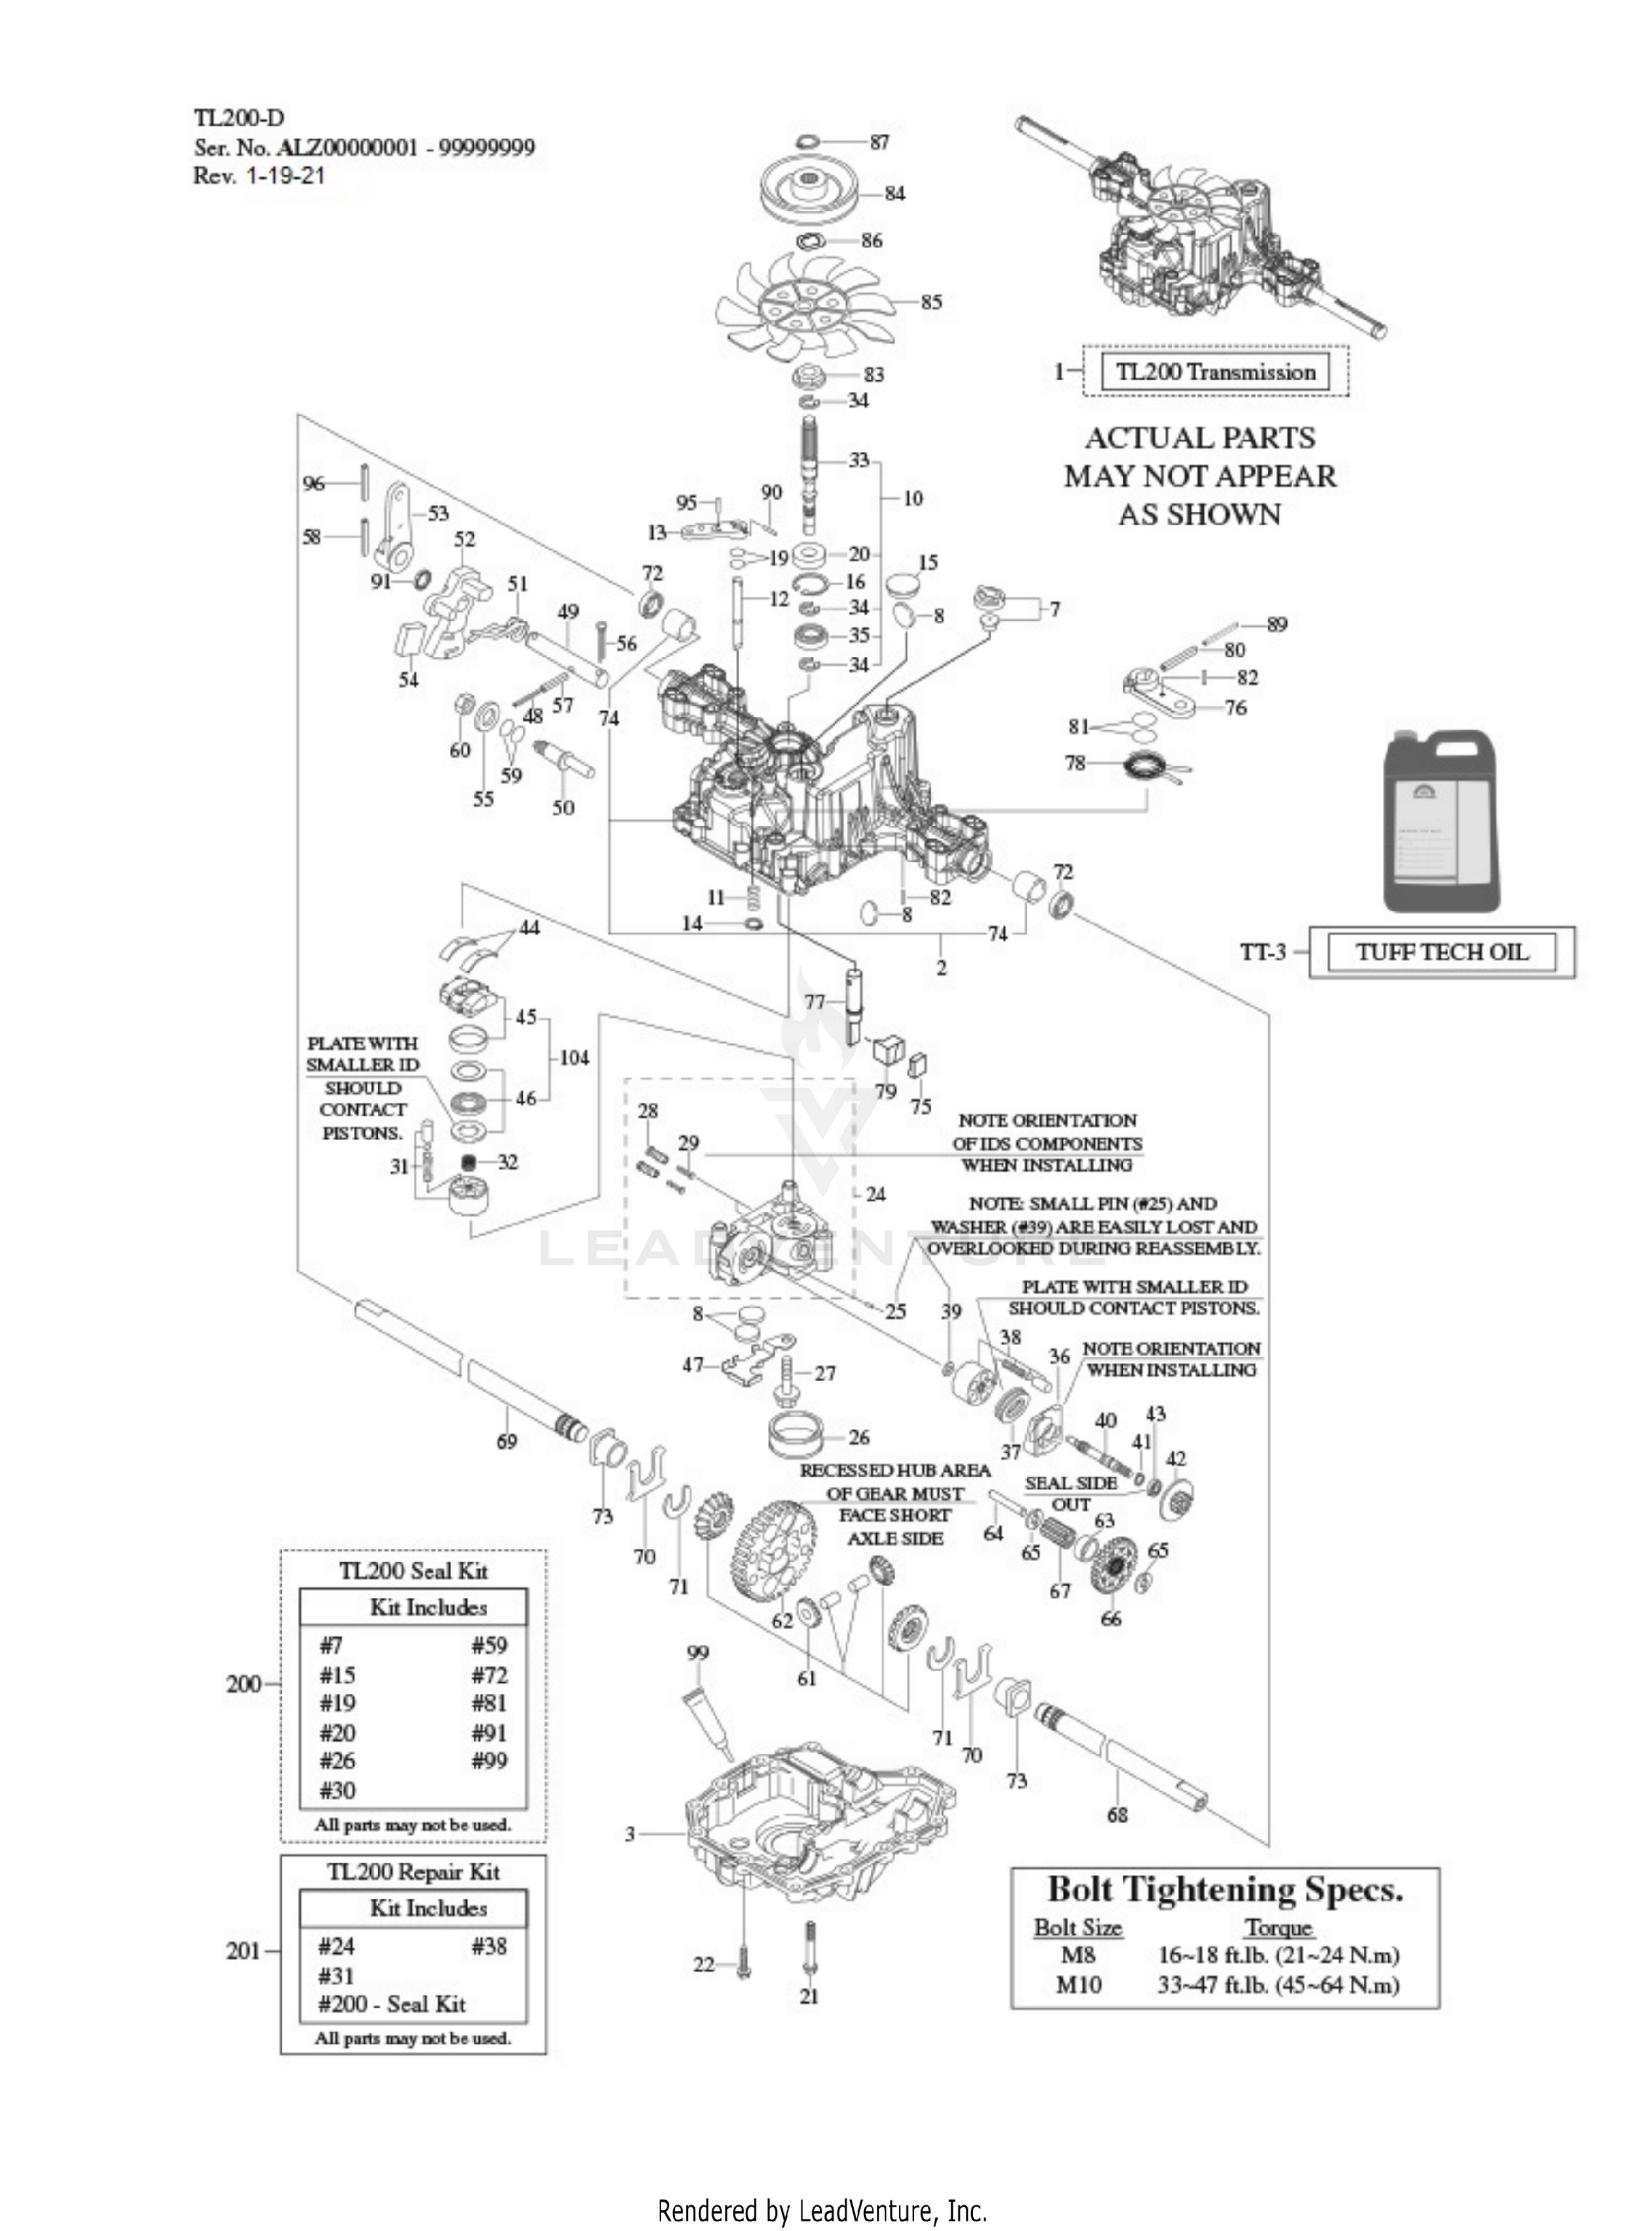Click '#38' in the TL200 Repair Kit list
coord(489,1945)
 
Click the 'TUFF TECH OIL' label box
coord(1441,951)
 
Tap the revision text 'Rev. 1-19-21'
coord(259,176)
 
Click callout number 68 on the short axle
coord(1117,1815)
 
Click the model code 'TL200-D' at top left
coord(238,118)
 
